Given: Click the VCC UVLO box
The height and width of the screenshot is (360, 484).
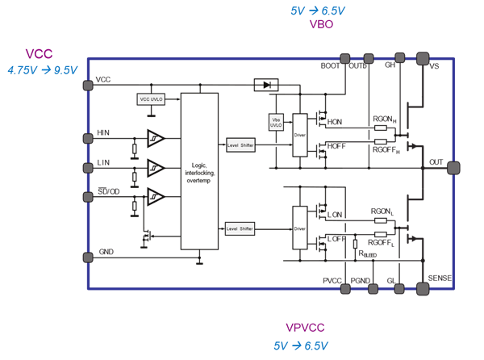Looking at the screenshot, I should tap(151, 98).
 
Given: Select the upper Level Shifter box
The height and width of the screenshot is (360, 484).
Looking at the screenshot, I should tap(240, 145).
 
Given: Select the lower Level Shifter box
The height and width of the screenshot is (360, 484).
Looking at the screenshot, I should tap(240, 229).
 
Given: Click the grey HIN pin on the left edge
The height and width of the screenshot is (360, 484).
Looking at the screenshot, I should tap(88, 138).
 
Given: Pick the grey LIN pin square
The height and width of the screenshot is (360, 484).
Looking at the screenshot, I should tap(88, 168).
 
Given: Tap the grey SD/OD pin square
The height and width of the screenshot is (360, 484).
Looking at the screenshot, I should tap(88, 196).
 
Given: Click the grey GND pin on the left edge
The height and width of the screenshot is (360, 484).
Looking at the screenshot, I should tap(88, 257).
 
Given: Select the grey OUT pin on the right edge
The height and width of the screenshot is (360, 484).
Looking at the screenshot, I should tap(453, 168).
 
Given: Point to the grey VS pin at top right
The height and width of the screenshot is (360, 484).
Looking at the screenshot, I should tap(422, 58).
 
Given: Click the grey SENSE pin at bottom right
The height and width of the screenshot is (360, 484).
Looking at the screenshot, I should tap(422, 288).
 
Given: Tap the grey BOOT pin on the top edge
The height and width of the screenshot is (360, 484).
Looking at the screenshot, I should tap(345, 58).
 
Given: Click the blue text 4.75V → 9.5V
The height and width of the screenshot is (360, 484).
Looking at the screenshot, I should tap(42, 70).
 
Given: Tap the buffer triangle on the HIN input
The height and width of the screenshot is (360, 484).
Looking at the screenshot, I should tap(156, 138).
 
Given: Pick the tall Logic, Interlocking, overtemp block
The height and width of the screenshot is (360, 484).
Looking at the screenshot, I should tap(199, 170).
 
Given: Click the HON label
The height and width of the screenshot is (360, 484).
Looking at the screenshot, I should tap(335, 122).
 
